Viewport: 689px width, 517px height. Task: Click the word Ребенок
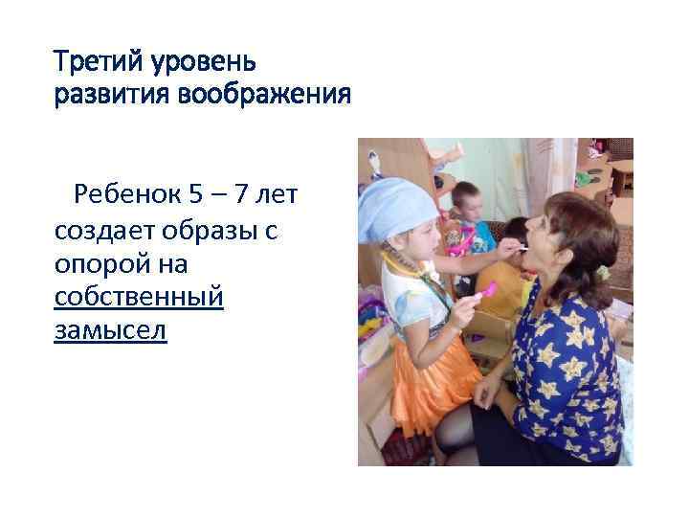(x=127, y=196)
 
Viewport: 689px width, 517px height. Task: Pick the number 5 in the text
(x=196, y=196)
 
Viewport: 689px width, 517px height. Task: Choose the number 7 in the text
(x=244, y=196)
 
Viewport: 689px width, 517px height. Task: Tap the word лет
(x=280, y=196)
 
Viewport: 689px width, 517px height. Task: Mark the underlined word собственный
(x=140, y=298)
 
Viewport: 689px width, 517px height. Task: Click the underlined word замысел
(x=110, y=331)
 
